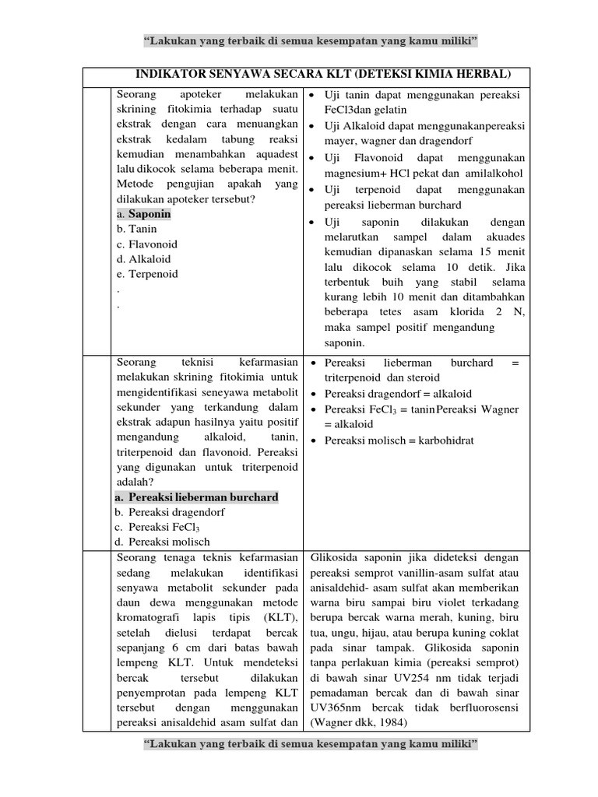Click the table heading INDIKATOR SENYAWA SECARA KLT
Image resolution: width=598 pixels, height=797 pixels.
click(x=323, y=74)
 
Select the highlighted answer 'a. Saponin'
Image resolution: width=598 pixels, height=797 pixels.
click(x=143, y=214)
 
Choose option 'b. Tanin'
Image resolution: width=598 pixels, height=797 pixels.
click(x=136, y=229)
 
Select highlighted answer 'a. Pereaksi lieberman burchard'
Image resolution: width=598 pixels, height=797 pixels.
click(x=196, y=497)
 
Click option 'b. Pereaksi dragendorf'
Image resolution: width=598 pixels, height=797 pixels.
click(x=170, y=512)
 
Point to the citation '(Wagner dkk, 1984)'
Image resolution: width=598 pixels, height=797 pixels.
click(x=355, y=722)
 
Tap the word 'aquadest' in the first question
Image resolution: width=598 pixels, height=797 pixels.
click(x=272, y=155)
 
